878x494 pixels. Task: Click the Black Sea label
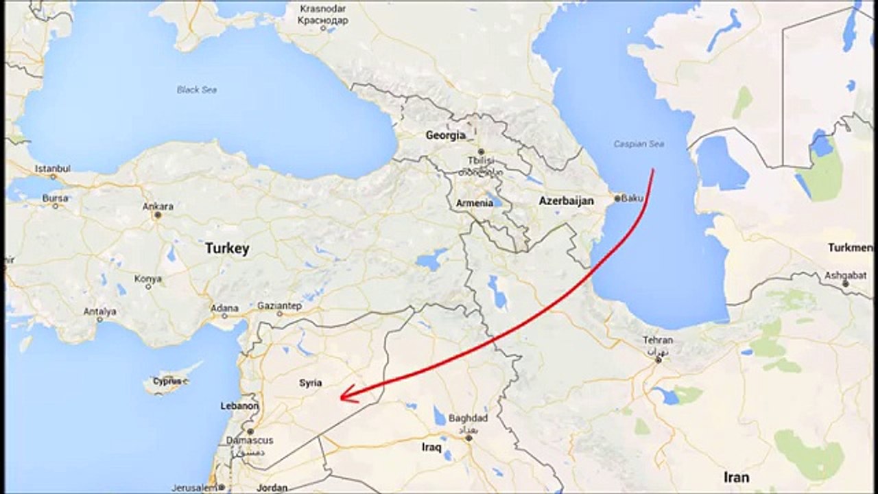[x=197, y=89]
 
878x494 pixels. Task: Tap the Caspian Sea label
[x=639, y=144]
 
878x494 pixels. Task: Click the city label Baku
[x=632, y=198]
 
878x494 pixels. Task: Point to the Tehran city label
[x=658, y=340]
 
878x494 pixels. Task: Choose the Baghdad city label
[x=468, y=418]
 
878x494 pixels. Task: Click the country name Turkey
[x=227, y=248]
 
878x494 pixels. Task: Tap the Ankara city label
[x=158, y=206]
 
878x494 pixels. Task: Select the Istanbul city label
[x=53, y=168]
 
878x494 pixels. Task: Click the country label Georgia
[x=445, y=135]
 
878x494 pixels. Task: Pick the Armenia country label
[x=475, y=203]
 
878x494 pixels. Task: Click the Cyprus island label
[x=167, y=381]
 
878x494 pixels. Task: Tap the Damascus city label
[x=250, y=440]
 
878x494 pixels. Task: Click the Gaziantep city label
[x=279, y=305]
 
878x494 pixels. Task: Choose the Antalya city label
[x=99, y=311]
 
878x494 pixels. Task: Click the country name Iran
[x=736, y=477]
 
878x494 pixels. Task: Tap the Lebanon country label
[x=239, y=406]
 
